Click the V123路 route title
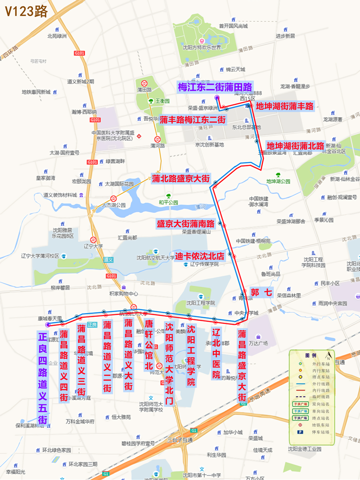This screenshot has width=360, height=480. pos(26,11)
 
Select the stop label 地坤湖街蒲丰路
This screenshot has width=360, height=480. pos(284,106)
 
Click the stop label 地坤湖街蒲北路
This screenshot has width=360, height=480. pos(295,146)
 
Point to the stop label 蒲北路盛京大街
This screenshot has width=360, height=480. pos(180,178)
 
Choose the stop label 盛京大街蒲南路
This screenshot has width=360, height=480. pos(185,224)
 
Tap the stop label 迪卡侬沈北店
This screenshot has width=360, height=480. pos(200,256)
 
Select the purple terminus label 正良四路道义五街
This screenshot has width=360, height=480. pos(43,378)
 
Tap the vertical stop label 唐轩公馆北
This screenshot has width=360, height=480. pos(149,345)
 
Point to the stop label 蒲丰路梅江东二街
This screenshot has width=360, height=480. pos(192,120)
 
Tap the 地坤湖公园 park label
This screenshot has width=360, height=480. pos(278,181)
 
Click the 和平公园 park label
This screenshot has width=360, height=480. pos(168,202)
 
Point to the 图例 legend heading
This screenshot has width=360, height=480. pos(310,355)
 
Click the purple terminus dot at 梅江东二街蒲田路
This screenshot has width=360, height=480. pos(217,98)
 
